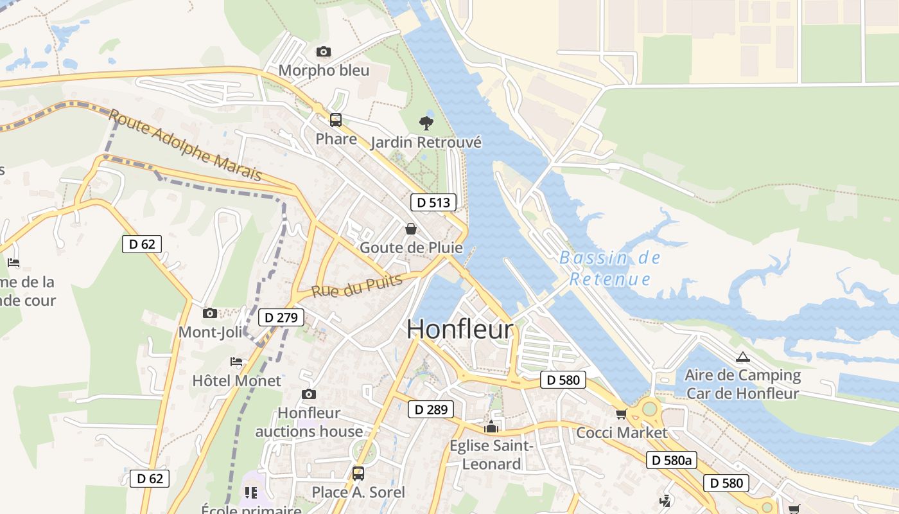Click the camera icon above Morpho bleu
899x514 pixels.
pyautogui.click(x=324, y=51)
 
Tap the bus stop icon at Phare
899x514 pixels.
pyautogui.click(x=335, y=120)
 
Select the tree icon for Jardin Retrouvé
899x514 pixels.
pyautogui.click(x=426, y=123)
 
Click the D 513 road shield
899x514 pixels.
pyautogui.click(x=433, y=202)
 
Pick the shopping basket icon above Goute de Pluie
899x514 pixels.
pyautogui.click(x=410, y=228)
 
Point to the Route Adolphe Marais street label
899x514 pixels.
pyautogui.click(x=186, y=145)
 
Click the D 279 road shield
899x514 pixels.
pyautogui.click(x=281, y=317)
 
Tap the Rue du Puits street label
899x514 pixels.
pyautogui.click(x=357, y=285)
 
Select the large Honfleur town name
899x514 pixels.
pyautogui.click(x=460, y=329)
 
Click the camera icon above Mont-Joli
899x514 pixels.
pyautogui.click(x=209, y=313)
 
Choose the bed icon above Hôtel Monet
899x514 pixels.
pyautogui.click(x=236, y=362)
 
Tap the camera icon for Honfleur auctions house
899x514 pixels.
pyautogui.click(x=309, y=394)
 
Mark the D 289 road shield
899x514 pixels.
pyautogui.click(x=430, y=409)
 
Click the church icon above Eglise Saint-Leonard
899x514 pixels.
pyautogui.click(x=491, y=427)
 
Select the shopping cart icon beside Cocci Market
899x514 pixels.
pyautogui.click(x=621, y=414)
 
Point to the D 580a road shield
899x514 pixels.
pyautogui.click(x=671, y=460)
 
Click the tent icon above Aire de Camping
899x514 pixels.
pyautogui.click(x=742, y=357)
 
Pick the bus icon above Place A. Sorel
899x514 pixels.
pyautogui.click(x=358, y=474)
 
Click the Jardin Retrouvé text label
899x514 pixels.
pyautogui.click(x=426, y=142)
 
